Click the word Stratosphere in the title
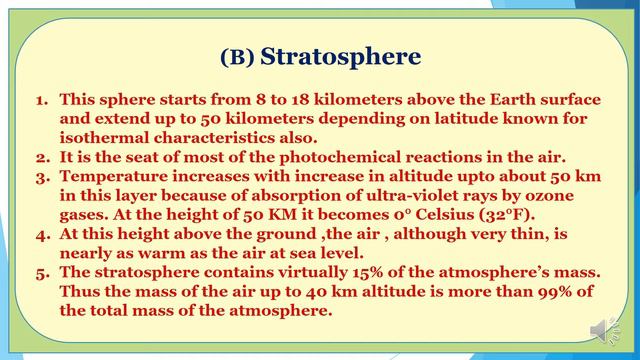(x=340, y=57)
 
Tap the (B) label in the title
(x=236, y=58)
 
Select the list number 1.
(x=43, y=100)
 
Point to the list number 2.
(x=43, y=157)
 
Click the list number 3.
(x=43, y=176)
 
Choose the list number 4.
(x=43, y=234)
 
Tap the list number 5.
(x=43, y=272)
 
